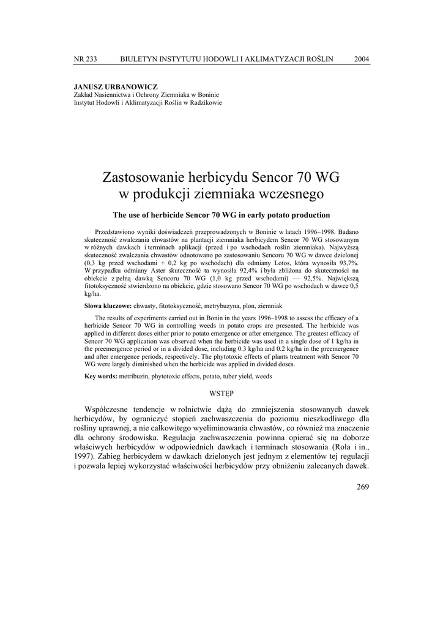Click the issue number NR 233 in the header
[x=85, y=59]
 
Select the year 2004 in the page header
[x=362, y=59]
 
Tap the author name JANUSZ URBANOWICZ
[x=116, y=87]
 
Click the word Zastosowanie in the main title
[x=144, y=178]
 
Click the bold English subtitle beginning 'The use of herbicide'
[x=221, y=215]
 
